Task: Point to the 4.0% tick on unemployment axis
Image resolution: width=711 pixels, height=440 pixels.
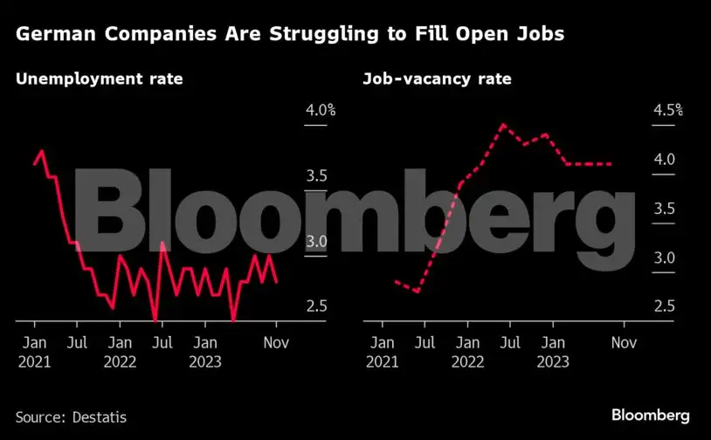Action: coord(320,111)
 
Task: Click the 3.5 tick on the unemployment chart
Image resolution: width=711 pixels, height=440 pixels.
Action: coord(316,176)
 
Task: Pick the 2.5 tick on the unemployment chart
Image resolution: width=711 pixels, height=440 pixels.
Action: coord(316,306)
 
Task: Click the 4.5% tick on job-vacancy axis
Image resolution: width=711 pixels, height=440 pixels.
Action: coord(667,111)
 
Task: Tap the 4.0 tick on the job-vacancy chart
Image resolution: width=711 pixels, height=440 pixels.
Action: coord(664,160)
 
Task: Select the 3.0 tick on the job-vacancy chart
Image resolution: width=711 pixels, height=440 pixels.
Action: coord(664,258)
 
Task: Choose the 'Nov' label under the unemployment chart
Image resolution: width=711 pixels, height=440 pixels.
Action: coord(277,343)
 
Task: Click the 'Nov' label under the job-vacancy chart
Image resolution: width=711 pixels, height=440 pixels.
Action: coord(624,343)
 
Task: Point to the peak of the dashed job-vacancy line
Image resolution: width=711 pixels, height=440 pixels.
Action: coord(503,125)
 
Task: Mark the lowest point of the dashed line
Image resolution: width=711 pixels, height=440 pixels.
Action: coord(418,292)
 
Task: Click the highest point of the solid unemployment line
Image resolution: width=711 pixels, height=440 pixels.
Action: coord(41,151)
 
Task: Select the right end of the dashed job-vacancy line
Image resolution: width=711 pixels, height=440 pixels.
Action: coord(611,164)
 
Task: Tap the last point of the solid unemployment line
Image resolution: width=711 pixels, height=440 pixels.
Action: coord(277,282)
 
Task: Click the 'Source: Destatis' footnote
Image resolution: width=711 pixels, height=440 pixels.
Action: coord(71,417)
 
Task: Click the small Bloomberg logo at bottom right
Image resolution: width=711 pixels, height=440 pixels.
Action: coord(651,416)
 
